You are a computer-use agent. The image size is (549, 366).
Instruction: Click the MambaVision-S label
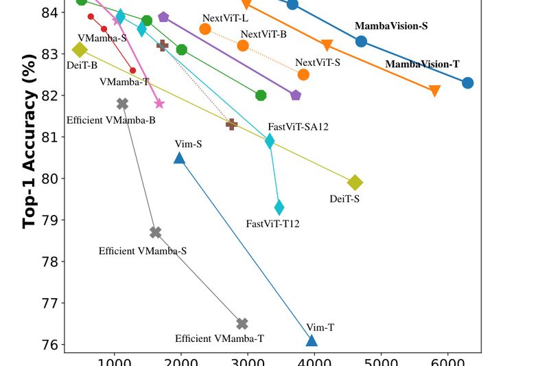391,26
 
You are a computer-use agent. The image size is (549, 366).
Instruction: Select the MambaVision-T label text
422,65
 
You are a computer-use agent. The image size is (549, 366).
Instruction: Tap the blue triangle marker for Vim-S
179,158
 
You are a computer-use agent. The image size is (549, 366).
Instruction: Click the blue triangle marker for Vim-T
312,341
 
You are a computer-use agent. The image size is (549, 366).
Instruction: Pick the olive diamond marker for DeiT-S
355,183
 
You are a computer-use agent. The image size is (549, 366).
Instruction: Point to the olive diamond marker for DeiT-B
80,49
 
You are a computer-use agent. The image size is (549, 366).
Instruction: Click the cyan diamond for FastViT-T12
279,207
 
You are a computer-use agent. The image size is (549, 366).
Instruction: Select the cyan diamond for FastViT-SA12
270,141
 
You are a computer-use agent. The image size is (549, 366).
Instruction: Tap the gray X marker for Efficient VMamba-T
242,323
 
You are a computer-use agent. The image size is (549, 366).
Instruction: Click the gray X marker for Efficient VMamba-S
156,232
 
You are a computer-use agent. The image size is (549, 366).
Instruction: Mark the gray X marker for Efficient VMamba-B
123,104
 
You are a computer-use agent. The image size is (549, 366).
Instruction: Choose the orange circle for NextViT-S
303,74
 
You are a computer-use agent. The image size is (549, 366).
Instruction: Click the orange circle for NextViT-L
205,29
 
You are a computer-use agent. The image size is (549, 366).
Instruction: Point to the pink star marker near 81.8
159,104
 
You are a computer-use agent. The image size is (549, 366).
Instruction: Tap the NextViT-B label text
264,34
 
